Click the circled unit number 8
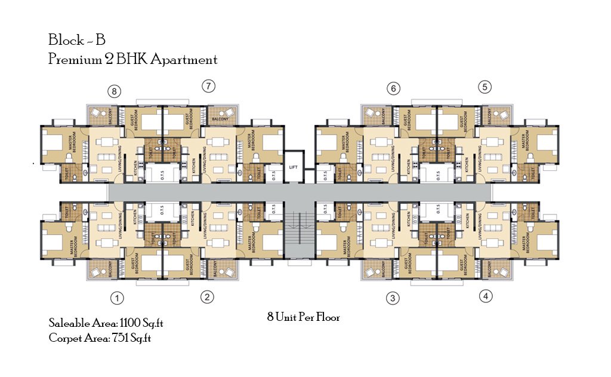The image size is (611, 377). tap(115, 91)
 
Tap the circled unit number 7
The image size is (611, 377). tap(208, 86)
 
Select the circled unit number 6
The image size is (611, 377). tap(393, 89)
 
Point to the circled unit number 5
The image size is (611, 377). tap(485, 87)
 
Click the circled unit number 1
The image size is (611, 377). tap(118, 298)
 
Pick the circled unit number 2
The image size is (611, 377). tap(206, 297)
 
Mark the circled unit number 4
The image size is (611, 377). tap(486, 296)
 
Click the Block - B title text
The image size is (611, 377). tap(77, 41)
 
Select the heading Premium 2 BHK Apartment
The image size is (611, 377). tap(132, 60)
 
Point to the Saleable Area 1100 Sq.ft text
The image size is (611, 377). tap(106, 323)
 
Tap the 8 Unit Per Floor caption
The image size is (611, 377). tap(303, 318)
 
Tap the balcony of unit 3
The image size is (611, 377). tap(377, 271)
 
